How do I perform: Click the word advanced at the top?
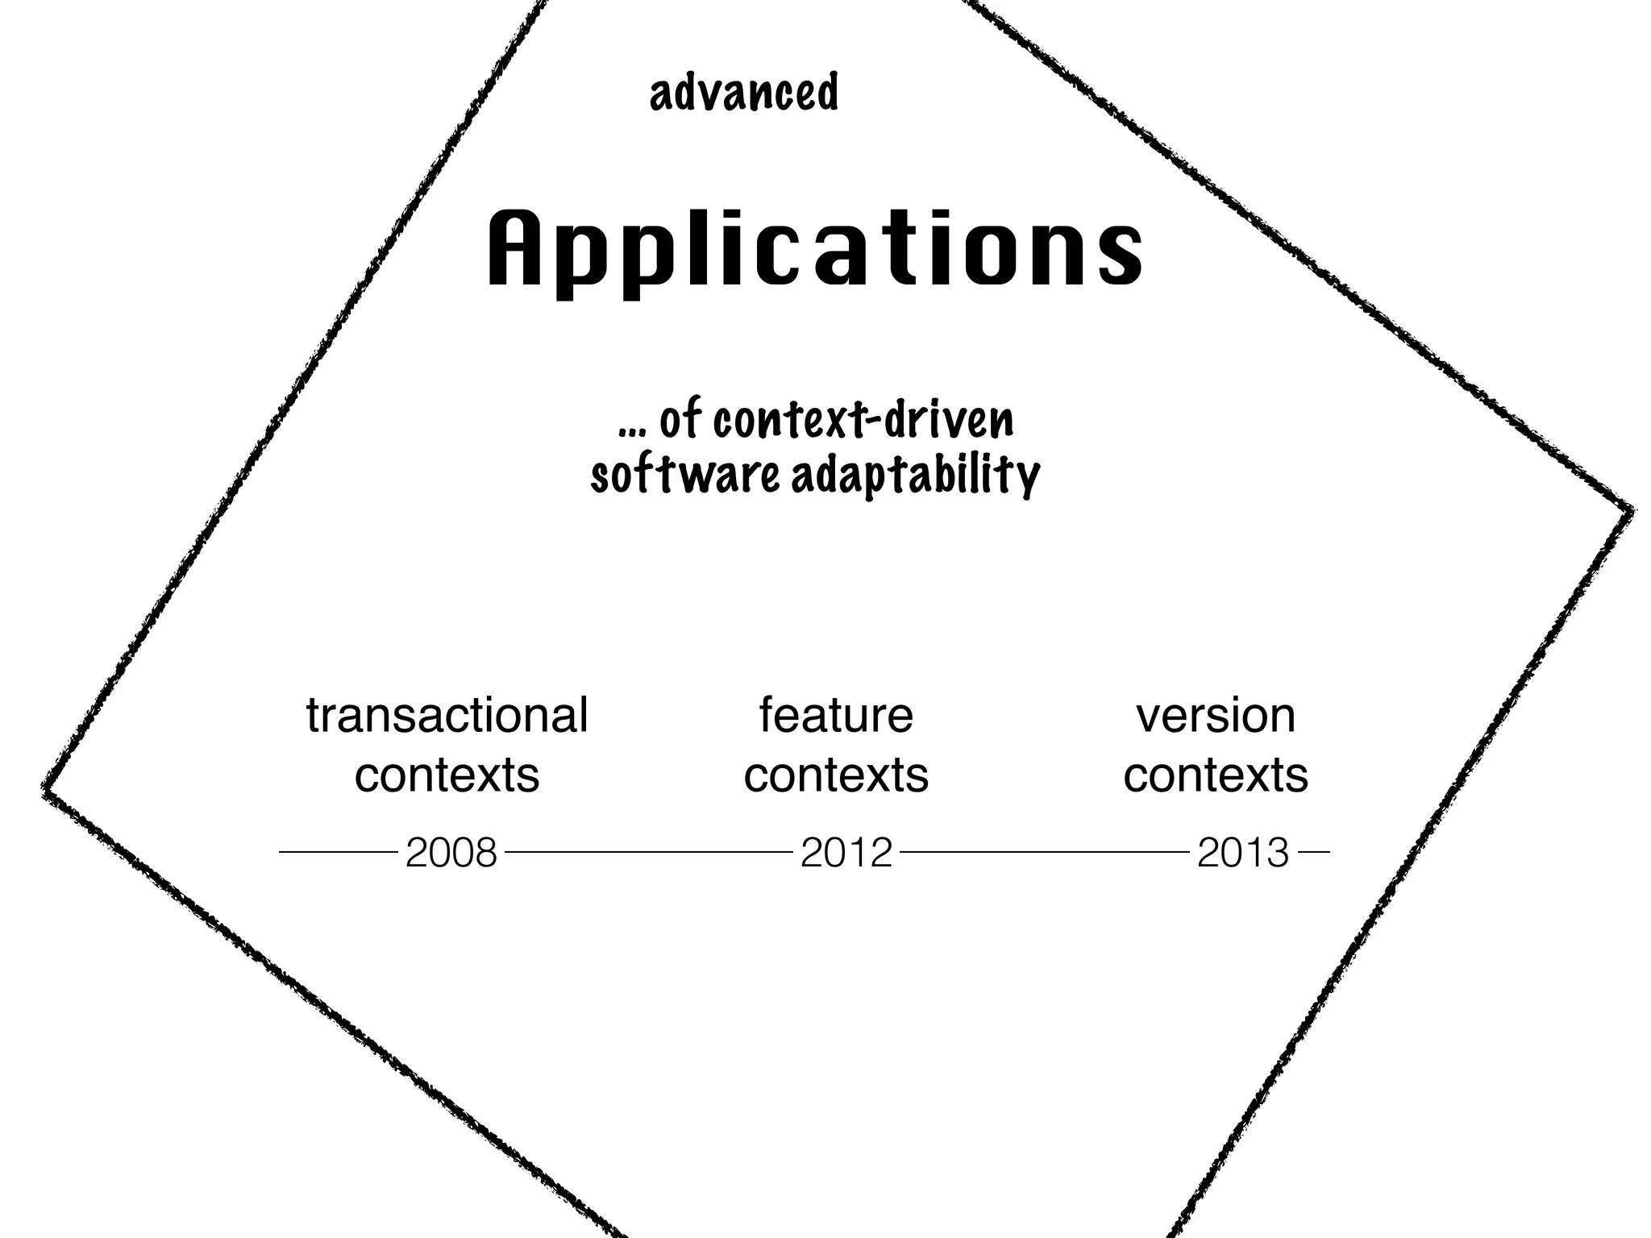[743, 93]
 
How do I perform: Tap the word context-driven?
[863, 421]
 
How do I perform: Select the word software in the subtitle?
[685, 476]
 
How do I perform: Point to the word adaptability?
[915, 476]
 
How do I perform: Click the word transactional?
[447, 716]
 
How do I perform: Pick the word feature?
[836, 716]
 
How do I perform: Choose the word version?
[1216, 716]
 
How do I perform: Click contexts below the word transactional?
[447, 775]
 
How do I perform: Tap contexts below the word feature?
[836, 775]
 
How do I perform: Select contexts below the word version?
[1216, 775]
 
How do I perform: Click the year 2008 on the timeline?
[451, 853]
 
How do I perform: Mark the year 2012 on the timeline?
[846, 853]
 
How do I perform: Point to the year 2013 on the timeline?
[1243, 853]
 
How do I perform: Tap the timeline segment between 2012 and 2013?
[1045, 851]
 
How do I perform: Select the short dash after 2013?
[1314, 851]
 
